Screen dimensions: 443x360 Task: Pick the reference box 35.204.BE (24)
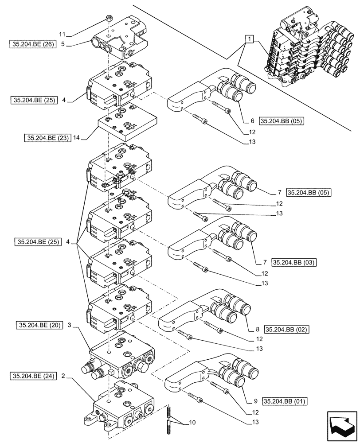pyautogui.click(x=32, y=376)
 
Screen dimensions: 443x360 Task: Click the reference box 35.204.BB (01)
pyautogui.click(x=285, y=401)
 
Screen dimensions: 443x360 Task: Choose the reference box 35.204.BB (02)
pyautogui.click(x=286, y=330)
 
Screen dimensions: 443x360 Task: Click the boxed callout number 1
pyautogui.click(x=250, y=39)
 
